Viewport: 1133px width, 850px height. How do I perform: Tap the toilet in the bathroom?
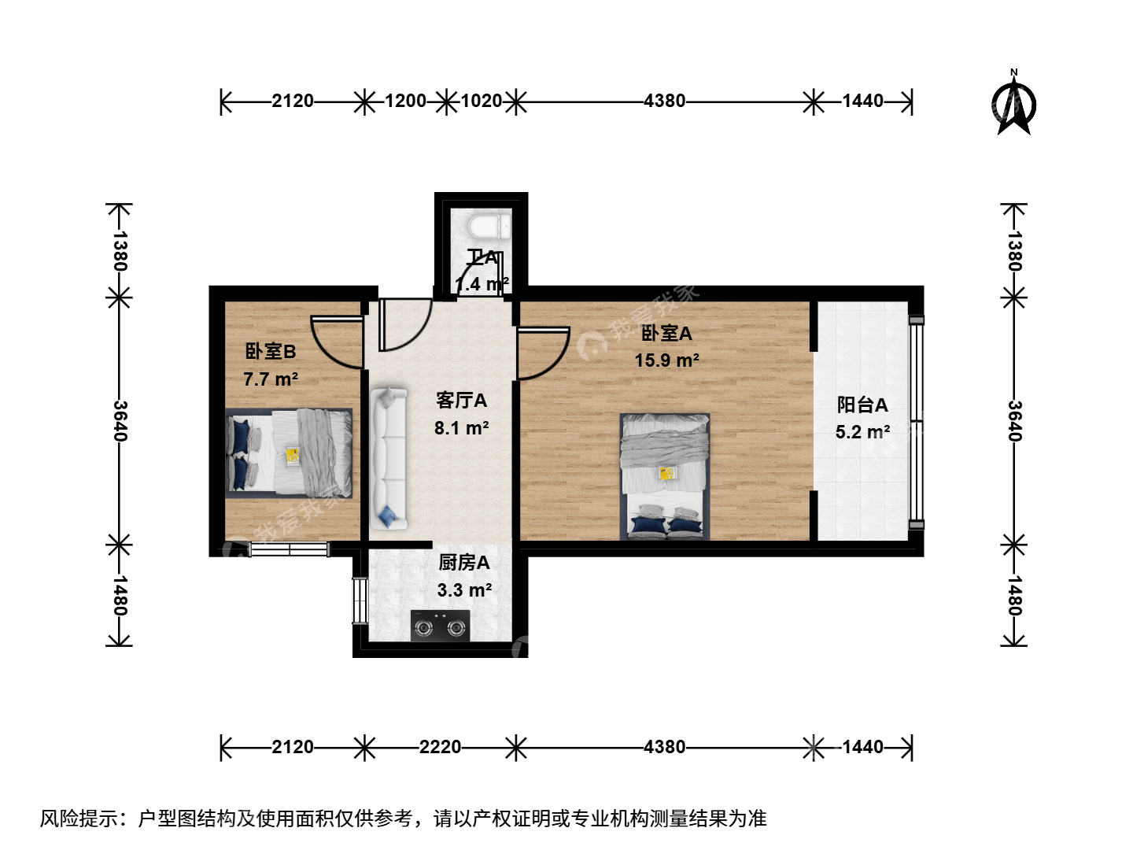click(489, 227)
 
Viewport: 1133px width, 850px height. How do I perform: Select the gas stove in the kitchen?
click(441, 626)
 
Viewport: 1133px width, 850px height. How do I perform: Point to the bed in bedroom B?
click(289, 453)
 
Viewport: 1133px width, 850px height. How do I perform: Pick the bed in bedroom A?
click(665, 476)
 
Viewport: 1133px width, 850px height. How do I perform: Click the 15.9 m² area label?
click(667, 360)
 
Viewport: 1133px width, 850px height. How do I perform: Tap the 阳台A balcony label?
click(862, 405)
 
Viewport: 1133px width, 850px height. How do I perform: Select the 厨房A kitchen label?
click(464, 563)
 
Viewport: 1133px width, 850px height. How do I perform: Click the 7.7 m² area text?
click(271, 380)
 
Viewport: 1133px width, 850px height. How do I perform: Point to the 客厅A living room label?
click(461, 401)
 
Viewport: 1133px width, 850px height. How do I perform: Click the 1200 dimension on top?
click(406, 102)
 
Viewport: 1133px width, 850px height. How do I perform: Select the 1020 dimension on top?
click(481, 102)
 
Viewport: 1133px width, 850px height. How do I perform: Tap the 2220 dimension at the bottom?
click(440, 747)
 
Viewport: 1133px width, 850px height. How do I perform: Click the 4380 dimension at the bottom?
click(664, 747)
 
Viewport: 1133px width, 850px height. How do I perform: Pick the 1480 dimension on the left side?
click(120, 596)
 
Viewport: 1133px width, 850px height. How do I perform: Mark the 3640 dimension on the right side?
click(1015, 421)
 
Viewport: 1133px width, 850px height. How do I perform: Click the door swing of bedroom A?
click(543, 353)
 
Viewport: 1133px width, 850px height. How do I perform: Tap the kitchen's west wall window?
click(360, 601)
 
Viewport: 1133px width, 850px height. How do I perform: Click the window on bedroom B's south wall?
click(289, 549)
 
